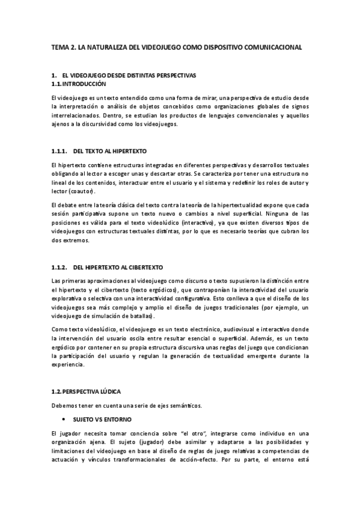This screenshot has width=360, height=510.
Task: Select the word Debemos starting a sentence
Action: (x=65, y=405)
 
